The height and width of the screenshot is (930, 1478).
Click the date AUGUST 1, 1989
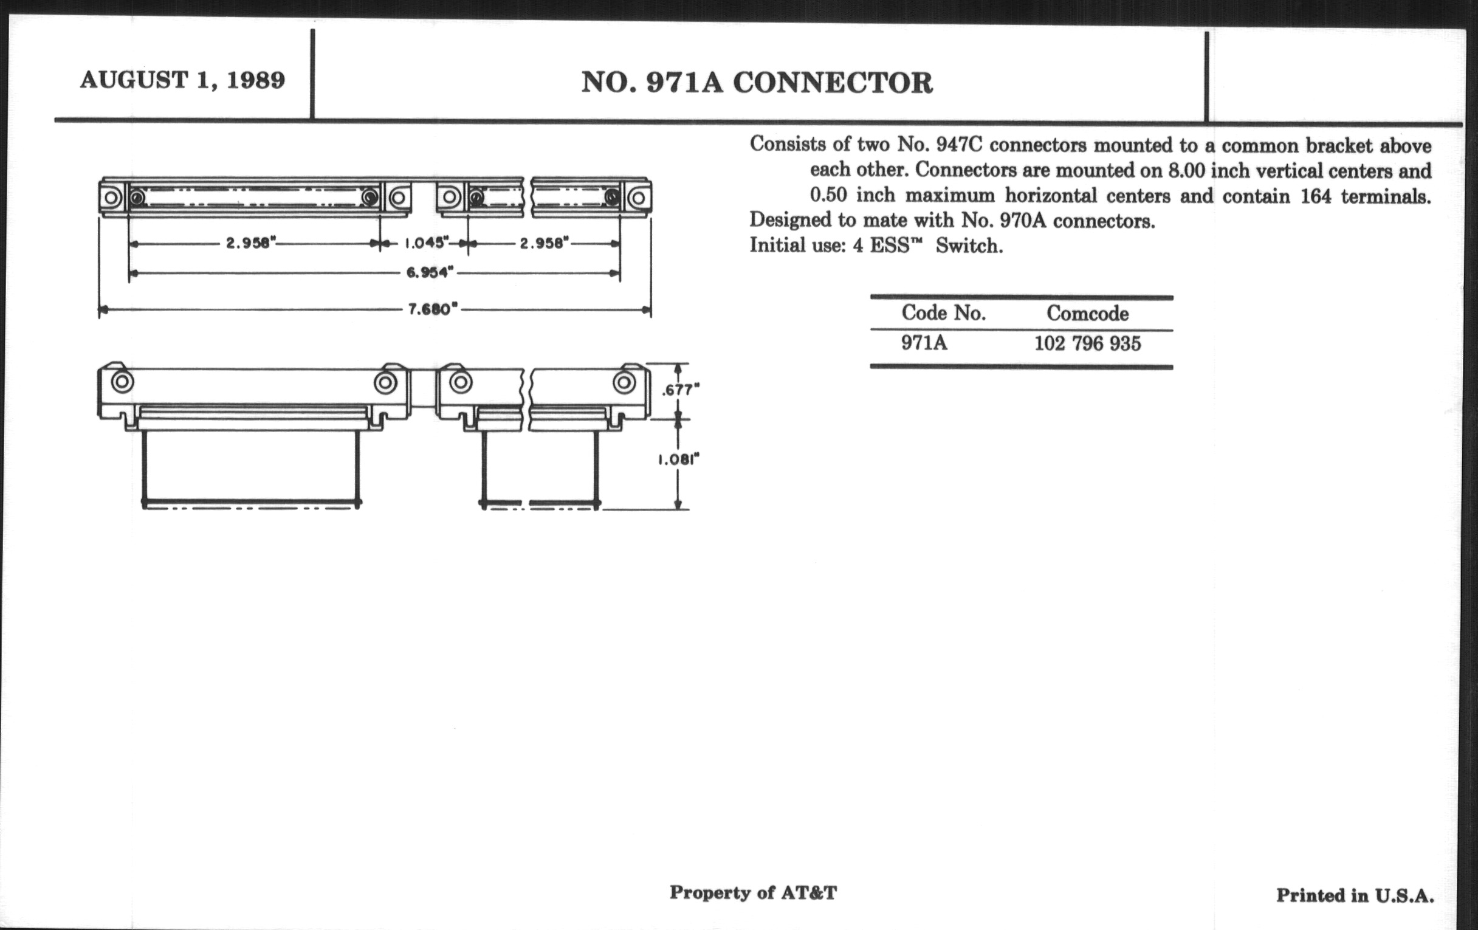click(x=182, y=80)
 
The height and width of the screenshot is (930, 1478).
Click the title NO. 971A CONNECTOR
click(x=757, y=83)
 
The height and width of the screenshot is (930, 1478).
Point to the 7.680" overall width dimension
click(x=433, y=309)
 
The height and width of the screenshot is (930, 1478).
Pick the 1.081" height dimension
click(x=679, y=459)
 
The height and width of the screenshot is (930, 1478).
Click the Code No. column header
click(x=943, y=313)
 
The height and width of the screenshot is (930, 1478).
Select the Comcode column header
click(x=1087, y=314)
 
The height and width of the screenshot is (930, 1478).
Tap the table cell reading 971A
click(x=924, y=343)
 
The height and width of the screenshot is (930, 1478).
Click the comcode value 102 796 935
click(x=1087, y=343)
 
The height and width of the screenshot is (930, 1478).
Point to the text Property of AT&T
click(x=752, y=892)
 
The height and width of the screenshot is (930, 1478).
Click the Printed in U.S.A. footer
click(x=1355, y=895)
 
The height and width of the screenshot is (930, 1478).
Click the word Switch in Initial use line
click(x=969, y=246)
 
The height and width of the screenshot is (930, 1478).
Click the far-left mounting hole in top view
click(x=112, y=198)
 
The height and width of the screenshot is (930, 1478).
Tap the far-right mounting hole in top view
click(x=638, y=198)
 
